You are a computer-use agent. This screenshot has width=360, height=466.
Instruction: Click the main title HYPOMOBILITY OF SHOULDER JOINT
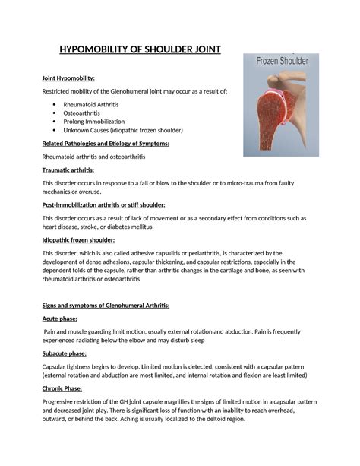tap(140, 50)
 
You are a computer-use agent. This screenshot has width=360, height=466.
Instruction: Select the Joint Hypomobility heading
tap(68, 78)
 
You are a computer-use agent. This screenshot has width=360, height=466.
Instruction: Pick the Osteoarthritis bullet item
tap(84, 113)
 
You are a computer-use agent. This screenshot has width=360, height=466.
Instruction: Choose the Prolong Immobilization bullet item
tap(94, 121)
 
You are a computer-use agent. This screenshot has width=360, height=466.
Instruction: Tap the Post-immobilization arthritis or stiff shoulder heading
tap(103, 205)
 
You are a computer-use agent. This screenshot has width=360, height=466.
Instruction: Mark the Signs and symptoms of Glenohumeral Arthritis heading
tap(106, 305)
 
